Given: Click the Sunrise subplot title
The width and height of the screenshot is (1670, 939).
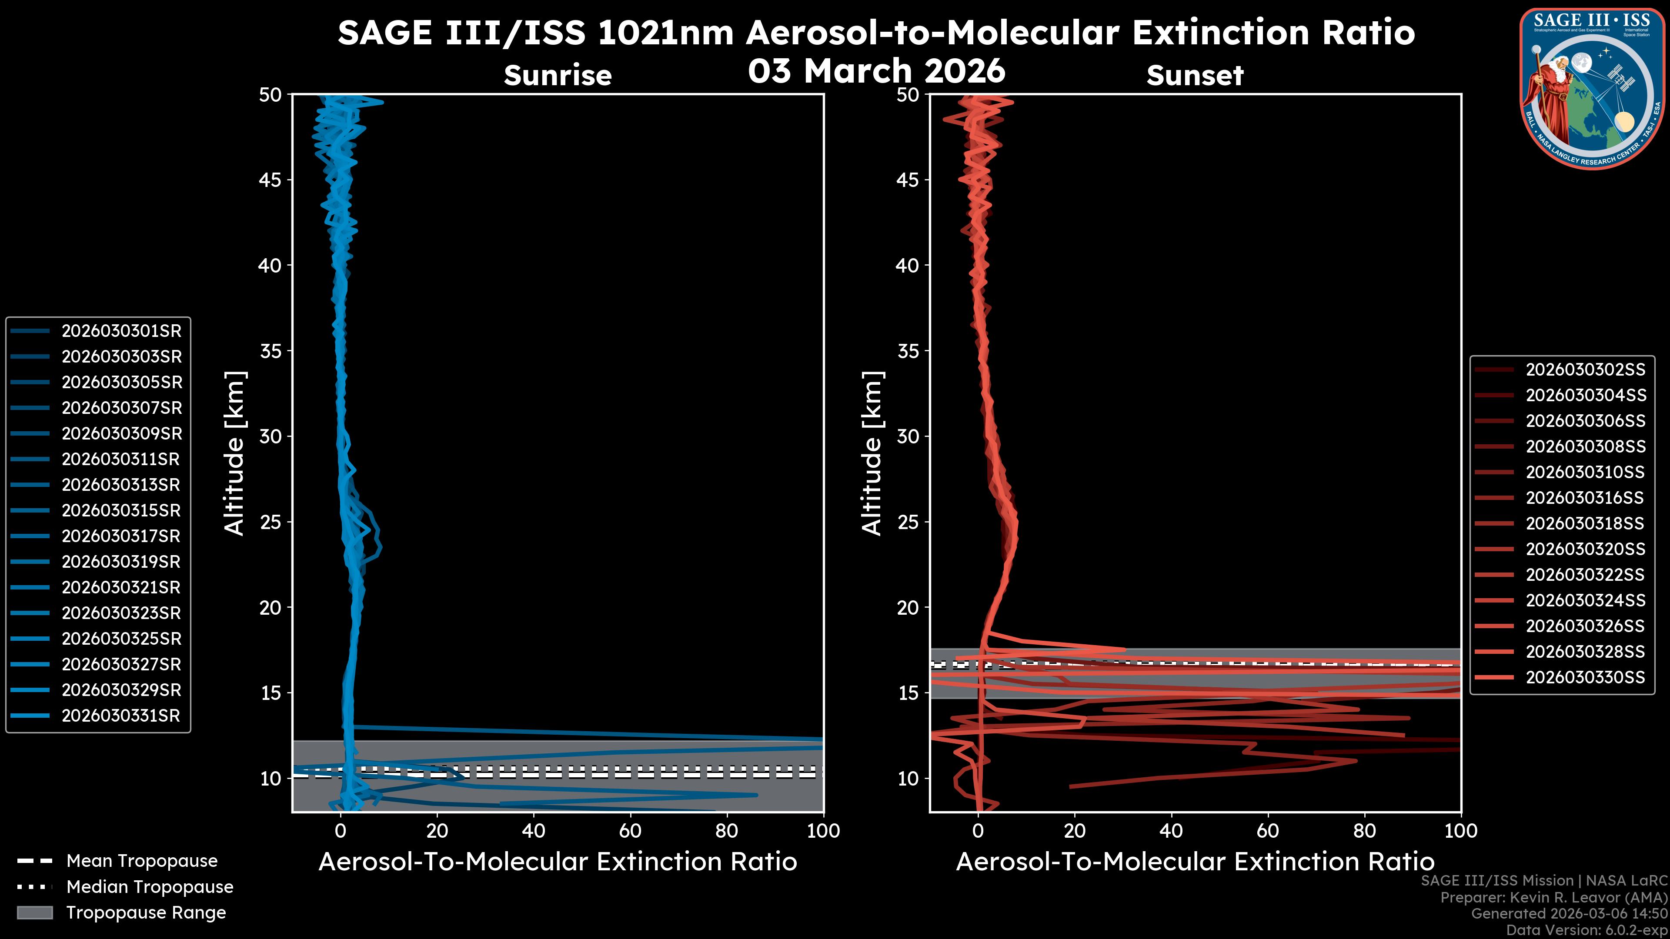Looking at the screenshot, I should coord(558,76).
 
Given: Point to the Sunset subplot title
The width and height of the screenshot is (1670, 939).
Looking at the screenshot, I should coord(1194,76).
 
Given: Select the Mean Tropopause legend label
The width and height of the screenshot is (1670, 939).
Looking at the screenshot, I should coord(141,861).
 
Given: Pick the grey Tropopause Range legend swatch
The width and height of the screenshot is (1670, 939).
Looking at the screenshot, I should coord(34,913).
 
